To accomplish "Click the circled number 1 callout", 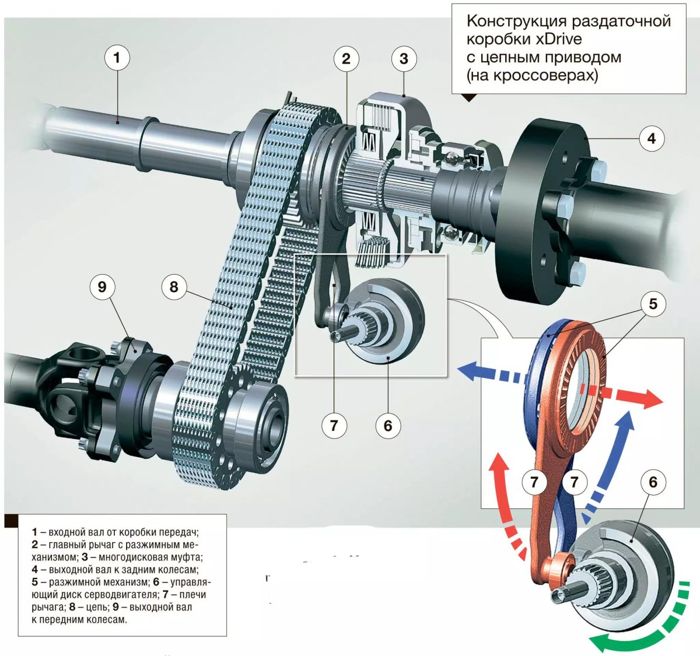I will click(117, 58).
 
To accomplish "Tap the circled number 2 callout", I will click(346, 58).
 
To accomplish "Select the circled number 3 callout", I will click(404, 58).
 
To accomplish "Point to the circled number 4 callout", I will click(651, 139).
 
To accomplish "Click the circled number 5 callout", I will click(653, 304).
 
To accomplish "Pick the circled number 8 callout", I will click(174, 287).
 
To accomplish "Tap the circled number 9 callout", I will click(102, 287).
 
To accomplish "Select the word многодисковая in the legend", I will click(125, 557).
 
